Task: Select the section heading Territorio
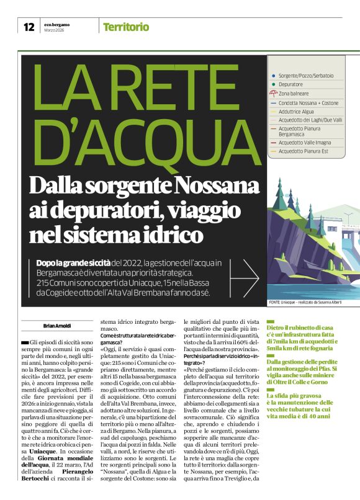coord(126,27)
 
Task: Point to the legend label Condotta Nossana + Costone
coord(308,102)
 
